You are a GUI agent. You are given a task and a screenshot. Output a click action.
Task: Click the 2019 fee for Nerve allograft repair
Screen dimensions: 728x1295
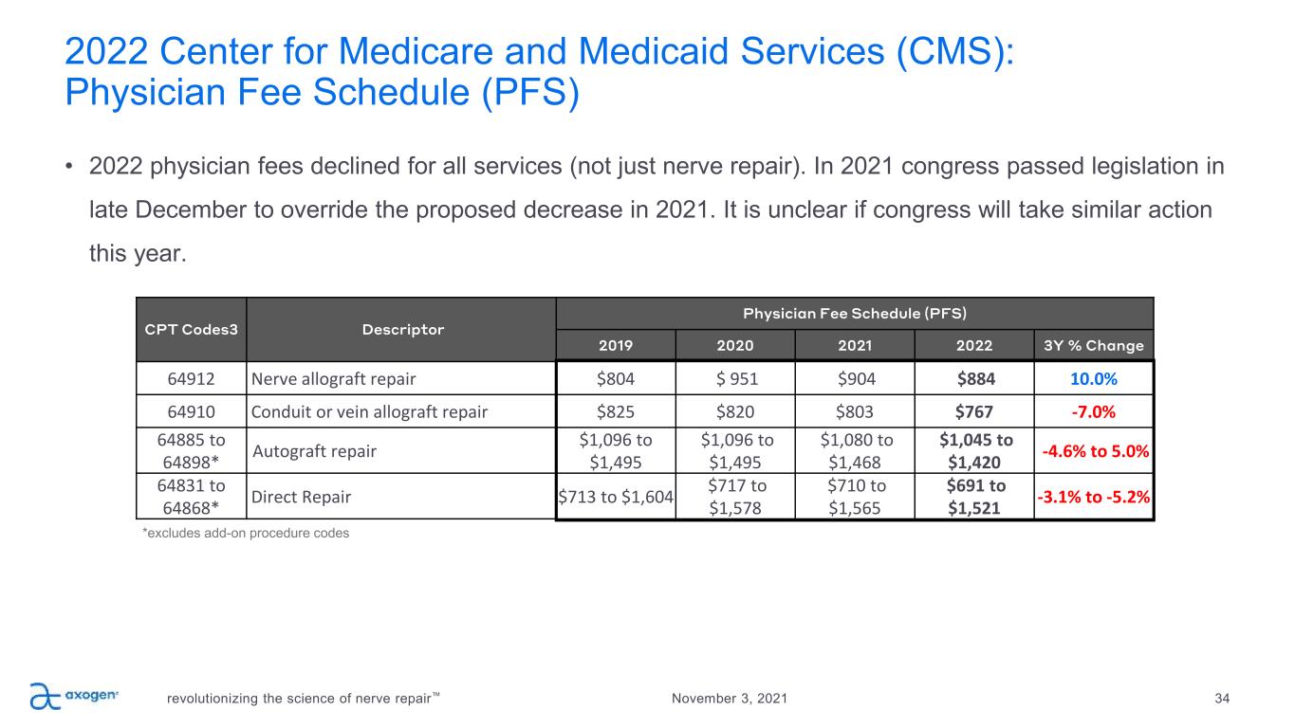point(616,378)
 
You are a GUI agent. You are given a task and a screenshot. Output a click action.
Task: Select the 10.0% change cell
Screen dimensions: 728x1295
point(1093,378)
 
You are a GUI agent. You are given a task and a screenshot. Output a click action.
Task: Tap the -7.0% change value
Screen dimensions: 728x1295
point(1093,411)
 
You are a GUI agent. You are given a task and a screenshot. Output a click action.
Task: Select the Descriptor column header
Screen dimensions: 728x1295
point(402,330)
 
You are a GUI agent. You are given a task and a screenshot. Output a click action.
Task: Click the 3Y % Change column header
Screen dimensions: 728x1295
point(1093,346)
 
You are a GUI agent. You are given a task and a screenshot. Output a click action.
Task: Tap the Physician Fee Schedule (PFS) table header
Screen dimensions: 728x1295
point(855,312)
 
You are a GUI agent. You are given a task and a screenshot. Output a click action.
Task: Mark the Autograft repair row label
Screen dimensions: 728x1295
point(314,451)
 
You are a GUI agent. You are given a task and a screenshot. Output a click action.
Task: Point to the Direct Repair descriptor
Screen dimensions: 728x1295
point(300,496)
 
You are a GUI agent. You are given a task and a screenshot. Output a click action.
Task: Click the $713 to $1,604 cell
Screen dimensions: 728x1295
point(616,496)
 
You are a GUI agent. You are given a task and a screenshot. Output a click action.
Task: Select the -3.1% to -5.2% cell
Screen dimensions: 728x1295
point(1093,496)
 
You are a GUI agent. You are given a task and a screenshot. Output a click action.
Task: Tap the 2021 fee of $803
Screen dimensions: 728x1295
point(855,411)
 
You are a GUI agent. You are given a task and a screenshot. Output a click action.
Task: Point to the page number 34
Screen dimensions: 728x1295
point(1222,699)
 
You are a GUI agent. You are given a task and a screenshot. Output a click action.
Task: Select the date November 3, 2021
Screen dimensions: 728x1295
point(729,699)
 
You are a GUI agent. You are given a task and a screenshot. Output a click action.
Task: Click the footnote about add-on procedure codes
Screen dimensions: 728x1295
point(246,534)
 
